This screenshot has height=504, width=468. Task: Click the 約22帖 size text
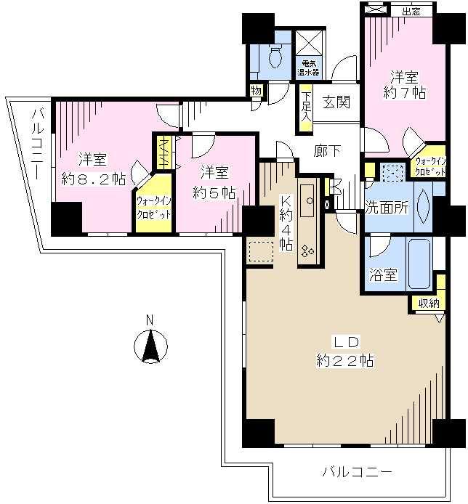coord(345,360)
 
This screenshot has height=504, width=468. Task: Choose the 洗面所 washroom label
coord(387,207)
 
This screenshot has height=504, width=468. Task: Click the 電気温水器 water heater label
coord(305,68)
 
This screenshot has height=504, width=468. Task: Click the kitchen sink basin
coord(307,197)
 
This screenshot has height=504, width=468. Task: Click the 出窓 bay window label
coord(410,11)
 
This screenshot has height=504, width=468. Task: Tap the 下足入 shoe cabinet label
coord(306,106)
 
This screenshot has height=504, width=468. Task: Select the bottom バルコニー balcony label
coord(358,472)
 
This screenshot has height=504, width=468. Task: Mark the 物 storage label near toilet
coord(256,91)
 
